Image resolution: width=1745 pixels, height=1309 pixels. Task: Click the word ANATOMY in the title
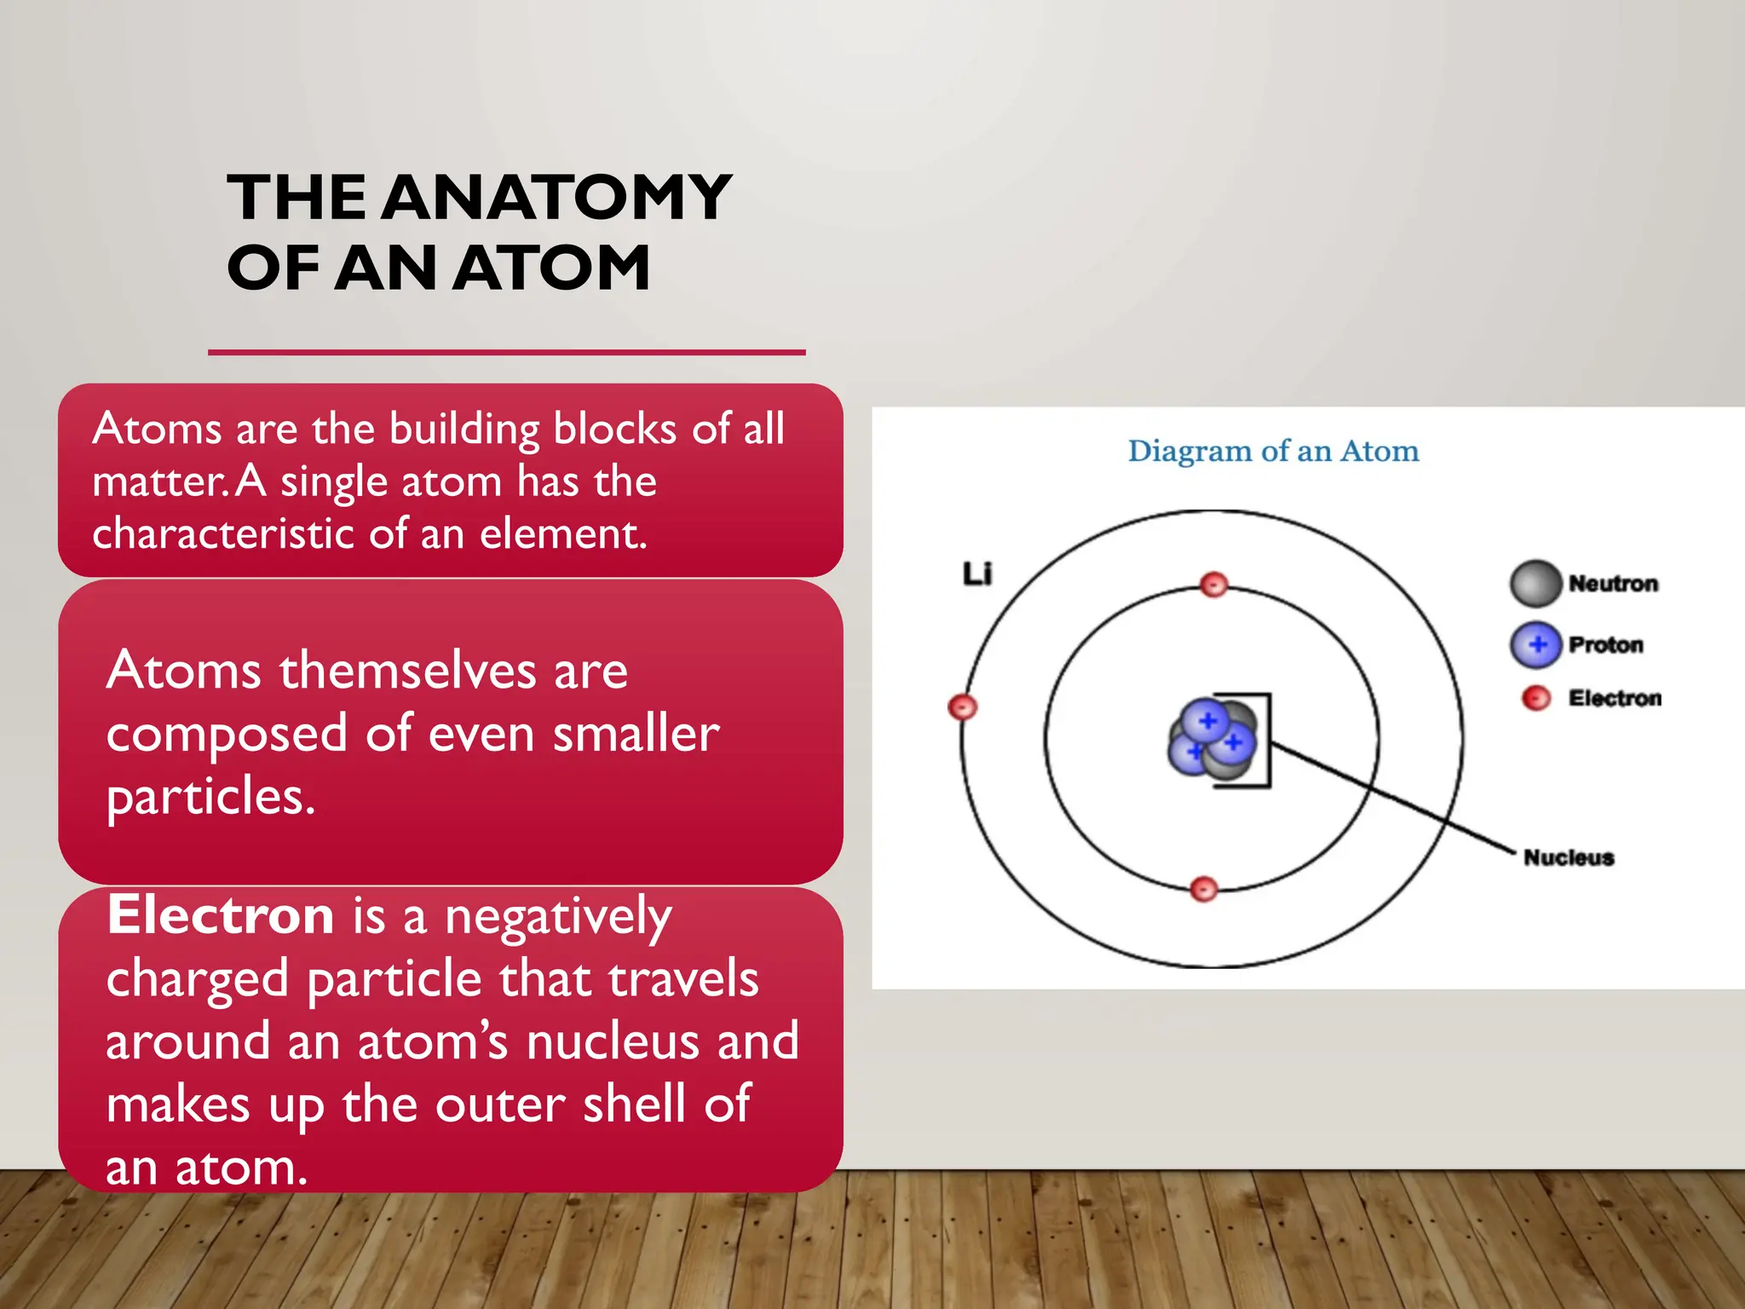[556, 198]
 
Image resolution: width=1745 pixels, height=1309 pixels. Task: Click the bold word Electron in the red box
[221, 916]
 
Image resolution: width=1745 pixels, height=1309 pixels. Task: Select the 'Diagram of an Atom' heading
[1273, 451]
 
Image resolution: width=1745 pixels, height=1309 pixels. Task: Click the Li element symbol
[977, 574]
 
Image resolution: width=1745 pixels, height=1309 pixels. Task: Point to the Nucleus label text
[1568, 857]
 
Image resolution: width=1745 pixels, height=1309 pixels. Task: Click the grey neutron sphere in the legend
[1535, 584]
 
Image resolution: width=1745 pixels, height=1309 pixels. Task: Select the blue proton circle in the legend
[1535, 645]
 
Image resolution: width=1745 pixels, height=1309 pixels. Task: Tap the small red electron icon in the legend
[1535, 699]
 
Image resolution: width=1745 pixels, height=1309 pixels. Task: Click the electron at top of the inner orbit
[1213, 585]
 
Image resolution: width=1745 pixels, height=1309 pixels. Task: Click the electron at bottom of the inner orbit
[1203, 889]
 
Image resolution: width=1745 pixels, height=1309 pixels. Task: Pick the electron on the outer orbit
[963, 707]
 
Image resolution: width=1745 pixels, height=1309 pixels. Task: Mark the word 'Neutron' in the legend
[1613, 584]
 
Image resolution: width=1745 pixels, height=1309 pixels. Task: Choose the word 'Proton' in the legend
[1605, 645]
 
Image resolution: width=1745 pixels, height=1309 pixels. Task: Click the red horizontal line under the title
[506, 352]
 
